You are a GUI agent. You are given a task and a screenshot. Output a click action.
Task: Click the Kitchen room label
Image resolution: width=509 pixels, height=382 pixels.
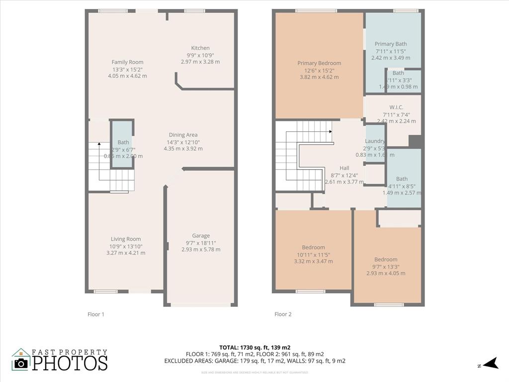[x=200, y=48]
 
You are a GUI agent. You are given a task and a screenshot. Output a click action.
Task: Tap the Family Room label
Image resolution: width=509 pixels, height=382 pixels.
[x=127, y=62]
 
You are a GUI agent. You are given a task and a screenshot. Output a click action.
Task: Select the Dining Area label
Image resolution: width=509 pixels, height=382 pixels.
[x=183, y=135]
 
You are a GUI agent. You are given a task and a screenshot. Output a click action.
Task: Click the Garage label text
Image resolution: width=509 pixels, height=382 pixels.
[x=201, y=236]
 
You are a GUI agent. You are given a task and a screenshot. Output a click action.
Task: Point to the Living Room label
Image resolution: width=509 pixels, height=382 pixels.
[x=126, y=239]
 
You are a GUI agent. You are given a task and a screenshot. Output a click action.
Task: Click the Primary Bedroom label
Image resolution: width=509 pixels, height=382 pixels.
[x=319, y=63]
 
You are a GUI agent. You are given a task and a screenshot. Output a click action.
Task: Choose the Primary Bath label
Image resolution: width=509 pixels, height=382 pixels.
[x=390, y=44]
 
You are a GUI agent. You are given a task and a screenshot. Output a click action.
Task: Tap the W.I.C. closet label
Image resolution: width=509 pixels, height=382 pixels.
[x=396, y=107]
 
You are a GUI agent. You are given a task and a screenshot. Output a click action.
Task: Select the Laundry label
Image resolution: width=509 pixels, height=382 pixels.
[x=375, y=141]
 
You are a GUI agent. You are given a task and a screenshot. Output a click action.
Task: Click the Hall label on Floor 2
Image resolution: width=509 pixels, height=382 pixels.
[x=344, y=168]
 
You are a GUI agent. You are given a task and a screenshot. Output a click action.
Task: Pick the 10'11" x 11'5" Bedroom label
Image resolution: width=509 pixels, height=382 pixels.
[x=313, y=248]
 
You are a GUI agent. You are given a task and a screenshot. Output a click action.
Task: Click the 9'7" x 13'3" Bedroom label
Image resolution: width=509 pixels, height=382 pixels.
[x=386, y=260]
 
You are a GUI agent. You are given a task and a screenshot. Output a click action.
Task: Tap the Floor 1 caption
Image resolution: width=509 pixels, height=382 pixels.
[x=96, y=314]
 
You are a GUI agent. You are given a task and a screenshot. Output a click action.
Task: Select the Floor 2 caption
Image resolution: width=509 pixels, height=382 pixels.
[x=283, y=314]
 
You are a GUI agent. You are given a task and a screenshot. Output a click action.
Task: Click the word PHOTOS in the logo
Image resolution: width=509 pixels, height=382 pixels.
[x=70, y=363]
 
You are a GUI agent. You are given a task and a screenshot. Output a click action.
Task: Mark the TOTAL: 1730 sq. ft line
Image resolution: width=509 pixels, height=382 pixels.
[x=254, y=347]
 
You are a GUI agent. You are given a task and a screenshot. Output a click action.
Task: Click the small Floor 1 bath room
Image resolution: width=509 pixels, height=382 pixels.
[x=122, y=144]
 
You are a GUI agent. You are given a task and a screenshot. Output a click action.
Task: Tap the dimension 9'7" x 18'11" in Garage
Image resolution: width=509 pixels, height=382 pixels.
[x=201, y=243]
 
